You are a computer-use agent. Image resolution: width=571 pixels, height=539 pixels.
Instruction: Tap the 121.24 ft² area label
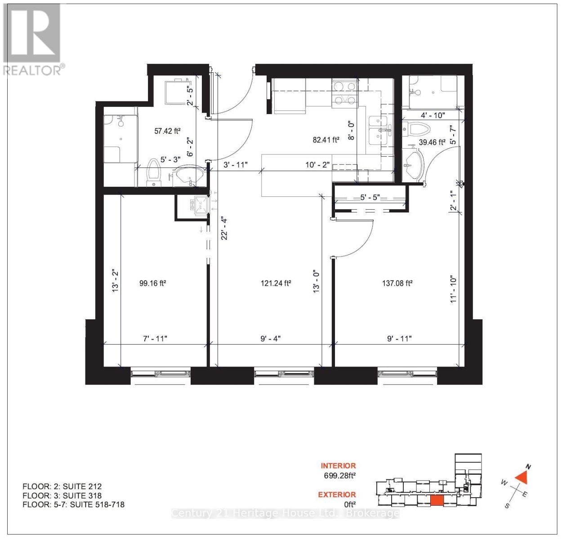(276, 283)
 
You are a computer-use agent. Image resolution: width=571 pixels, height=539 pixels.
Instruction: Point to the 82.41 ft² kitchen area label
(326, 140)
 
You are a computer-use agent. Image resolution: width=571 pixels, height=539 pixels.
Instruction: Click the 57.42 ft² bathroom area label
(167, 131)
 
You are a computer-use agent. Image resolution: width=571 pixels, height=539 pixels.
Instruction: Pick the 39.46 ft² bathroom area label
(432, 142)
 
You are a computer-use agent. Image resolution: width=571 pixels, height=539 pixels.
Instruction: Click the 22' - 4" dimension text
(224, 228)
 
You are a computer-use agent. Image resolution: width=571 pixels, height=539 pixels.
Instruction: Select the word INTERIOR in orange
(338, 466)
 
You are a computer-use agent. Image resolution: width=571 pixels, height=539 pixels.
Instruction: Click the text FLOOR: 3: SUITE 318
(62, 495)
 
